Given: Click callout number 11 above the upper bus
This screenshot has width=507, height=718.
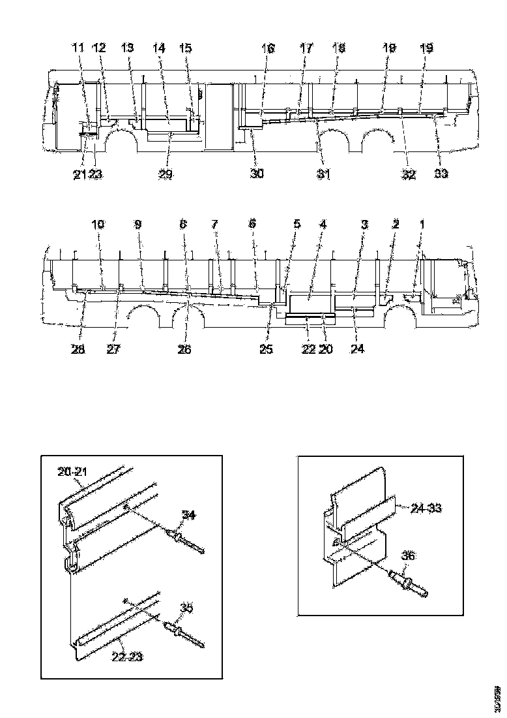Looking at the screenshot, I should tap(78, 49).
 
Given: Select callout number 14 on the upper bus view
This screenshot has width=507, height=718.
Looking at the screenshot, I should tap(159, 49).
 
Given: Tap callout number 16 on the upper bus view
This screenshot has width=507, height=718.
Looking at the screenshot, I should tap(268, 49).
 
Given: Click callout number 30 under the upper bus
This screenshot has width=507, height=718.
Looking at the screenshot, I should tap(257, 174).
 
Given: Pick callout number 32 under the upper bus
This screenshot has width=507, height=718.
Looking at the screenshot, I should tap(409, 174).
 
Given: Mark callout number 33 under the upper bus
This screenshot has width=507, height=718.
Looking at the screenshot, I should tap(441, 174).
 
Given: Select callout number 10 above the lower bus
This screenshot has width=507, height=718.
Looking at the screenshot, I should tap(98, 225).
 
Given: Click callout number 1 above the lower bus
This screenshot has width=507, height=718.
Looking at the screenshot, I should tap(422, 225).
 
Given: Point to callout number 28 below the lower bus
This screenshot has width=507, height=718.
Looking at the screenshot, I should tap(78, 349).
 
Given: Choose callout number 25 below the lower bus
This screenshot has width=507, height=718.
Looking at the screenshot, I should tap(266, 349).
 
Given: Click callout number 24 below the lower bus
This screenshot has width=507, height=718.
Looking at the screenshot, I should tap(357, 349).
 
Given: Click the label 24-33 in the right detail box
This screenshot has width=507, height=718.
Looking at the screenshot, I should tap(426, 507).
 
